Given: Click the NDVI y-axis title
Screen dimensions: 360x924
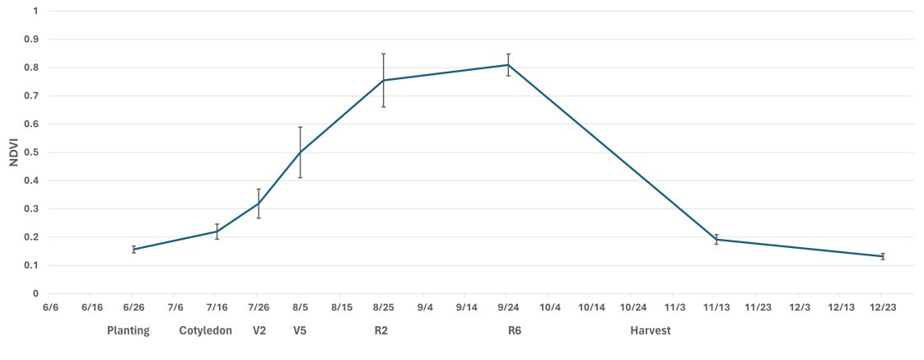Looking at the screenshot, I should [x=13, y=152].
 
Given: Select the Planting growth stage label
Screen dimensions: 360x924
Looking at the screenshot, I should [x=128, y=331].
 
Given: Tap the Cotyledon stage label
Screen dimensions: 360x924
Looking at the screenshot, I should [x=206, y=331].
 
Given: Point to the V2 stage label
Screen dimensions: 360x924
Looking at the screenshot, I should [x=259, y=331].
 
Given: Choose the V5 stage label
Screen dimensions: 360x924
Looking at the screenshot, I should [x=301, y=331].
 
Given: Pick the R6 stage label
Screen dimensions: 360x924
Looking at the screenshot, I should [x=515, y=331].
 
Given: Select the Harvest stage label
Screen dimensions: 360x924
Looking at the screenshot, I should [x=651, y=331].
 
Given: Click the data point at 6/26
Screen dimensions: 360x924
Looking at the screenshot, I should [x=133, y=249].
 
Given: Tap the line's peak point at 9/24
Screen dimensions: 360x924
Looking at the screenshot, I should [x=508, y=64].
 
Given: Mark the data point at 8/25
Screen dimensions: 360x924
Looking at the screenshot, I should [x=384, y=80].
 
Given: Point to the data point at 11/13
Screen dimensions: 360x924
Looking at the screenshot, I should [x=716, y=239].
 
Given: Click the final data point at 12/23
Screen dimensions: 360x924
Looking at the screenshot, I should [x=883, y=256].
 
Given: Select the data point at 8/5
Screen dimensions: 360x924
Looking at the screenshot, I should [x=301, y=152].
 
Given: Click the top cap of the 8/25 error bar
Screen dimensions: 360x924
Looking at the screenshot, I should [x=384, y=54].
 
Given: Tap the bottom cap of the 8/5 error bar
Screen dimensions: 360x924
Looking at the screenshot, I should [x=301, y=177].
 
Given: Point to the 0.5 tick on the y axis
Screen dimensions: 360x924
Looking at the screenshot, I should [x=34, y=152].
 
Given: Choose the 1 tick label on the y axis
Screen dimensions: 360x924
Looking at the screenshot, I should [x=35, y=12].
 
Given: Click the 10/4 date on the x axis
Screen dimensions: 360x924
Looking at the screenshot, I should [x=549, y=307].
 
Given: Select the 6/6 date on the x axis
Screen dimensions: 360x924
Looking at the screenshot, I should [x=50, y=307].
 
